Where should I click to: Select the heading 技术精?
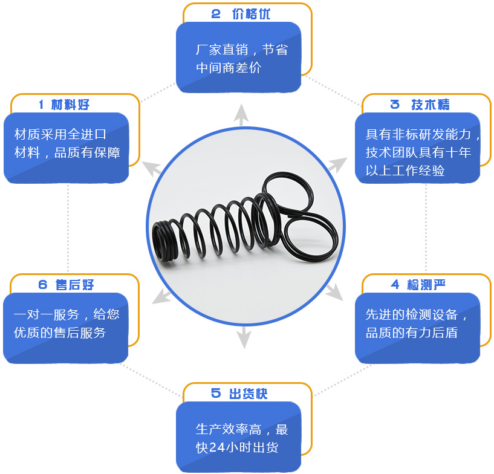[430, 105]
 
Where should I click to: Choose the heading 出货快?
[248, 394]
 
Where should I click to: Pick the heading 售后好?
[74, 285]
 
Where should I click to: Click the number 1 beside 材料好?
[41, 105]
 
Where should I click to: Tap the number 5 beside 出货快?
[216, 394]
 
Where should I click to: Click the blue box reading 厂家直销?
[238, 58]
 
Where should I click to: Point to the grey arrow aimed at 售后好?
[159, 296]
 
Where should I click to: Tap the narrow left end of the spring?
[163, 233]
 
